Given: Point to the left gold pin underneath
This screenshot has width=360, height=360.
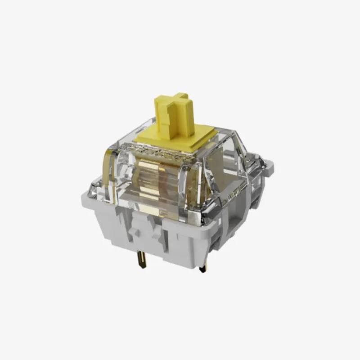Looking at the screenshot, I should tap(143, 259).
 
